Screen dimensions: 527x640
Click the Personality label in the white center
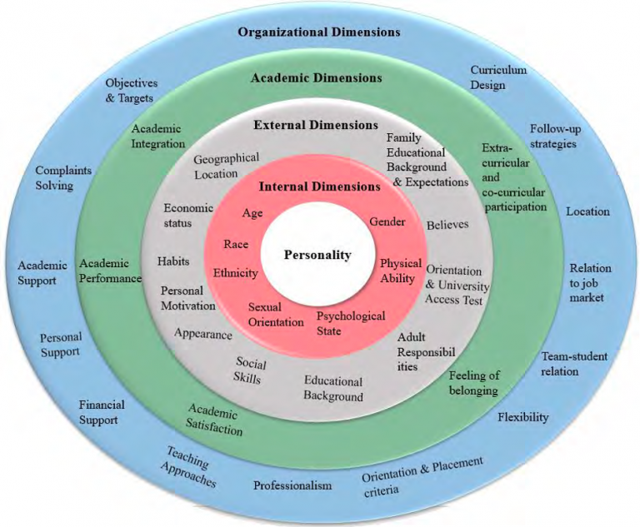pyautogui.click(x=317, y=255)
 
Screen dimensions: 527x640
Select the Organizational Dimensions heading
pyautogui.click(x=319, y=32)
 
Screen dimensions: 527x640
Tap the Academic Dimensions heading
pyautogui.click(x=317, y=78)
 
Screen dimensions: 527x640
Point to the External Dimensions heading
pyautogui.click(x=316, y=125)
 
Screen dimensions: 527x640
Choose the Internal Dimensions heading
pyautogui.click(x=319, y=186)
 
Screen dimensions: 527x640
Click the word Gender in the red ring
pyautogui.click(x=387, y=222)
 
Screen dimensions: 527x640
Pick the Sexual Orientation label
pyautogui.click(x=264, y=314)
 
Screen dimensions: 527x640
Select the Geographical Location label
pyautogui.click(x=227, y=166)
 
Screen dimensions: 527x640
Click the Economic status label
pyautogui.click(x=188, y=215)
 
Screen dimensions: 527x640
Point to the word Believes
pyautogui.click(x=447, y=225)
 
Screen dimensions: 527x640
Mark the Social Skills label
pyautogui.click(x=250, y=370)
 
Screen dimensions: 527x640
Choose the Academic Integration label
pyautogui.click(x=157, y=137)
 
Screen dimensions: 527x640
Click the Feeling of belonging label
pyautogui.click(x=474, y=383)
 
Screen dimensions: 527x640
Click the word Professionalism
pyautogui.click(x=292, y=485)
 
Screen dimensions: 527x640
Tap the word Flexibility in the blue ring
pyautogui.click(x=523, y=416)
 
